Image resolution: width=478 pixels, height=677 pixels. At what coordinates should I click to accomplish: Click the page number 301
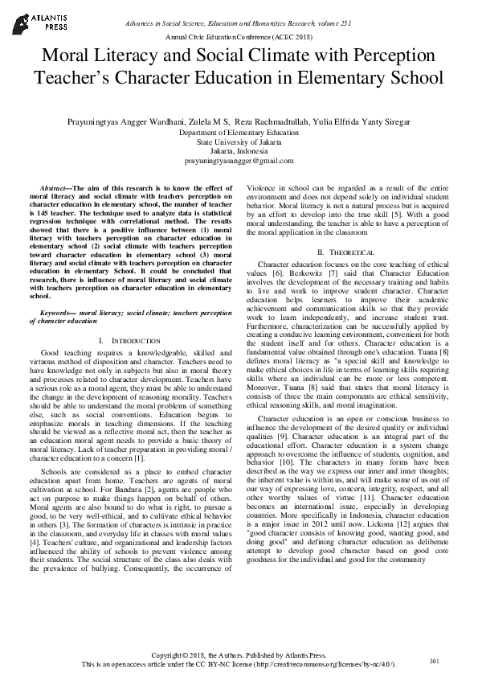435,661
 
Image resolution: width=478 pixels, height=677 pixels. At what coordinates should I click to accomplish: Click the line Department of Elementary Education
239,132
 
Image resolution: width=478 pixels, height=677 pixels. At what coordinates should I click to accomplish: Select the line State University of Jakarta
239,142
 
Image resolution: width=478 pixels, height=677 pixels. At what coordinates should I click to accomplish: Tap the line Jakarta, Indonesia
239,151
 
